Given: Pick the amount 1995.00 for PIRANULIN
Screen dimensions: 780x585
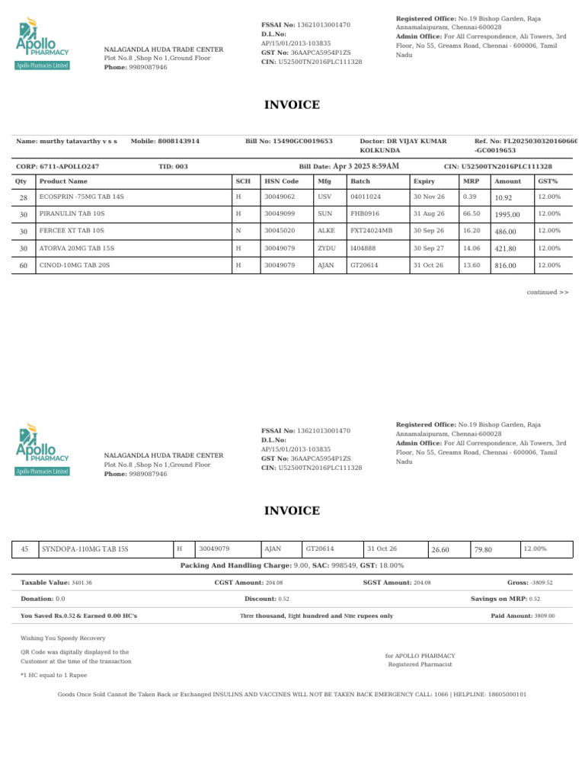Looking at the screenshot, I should point(507,215).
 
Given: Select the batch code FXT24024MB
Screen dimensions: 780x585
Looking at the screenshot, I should point(371,231).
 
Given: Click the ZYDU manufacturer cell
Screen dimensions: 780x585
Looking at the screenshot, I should point(326,248).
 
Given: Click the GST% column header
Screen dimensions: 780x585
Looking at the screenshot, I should point(548,181).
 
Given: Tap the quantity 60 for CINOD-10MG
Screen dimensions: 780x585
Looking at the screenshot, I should point(23,265).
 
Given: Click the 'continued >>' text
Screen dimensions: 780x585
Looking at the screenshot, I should point(548,292).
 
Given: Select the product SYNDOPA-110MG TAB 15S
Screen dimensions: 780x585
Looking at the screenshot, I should point(85,548).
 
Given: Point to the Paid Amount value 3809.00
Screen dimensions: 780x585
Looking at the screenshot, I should point(545,615).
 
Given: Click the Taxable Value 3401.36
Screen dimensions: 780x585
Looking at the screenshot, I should point(82,583).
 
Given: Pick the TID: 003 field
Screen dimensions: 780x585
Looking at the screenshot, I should point(173,166).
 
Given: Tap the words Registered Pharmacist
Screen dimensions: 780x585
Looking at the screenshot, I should point(420,665).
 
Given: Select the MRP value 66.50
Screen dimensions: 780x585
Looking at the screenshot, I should point(470,214).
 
